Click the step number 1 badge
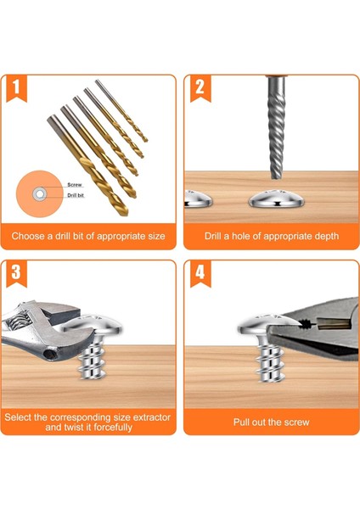pos(17,88)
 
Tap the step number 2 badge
pos(200,88)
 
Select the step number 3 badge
pos(17,273)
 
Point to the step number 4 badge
pos(200,273)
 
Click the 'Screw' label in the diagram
pos(75,185)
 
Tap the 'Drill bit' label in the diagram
pos(76,195)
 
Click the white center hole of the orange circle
pos(40,194)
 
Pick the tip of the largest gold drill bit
pos(126,214)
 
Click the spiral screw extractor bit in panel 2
pos(277,127)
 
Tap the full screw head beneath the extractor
pos(277,198)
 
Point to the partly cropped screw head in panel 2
pos(198,199)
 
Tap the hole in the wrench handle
pos(49,354)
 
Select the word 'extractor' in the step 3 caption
pos(152,417)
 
